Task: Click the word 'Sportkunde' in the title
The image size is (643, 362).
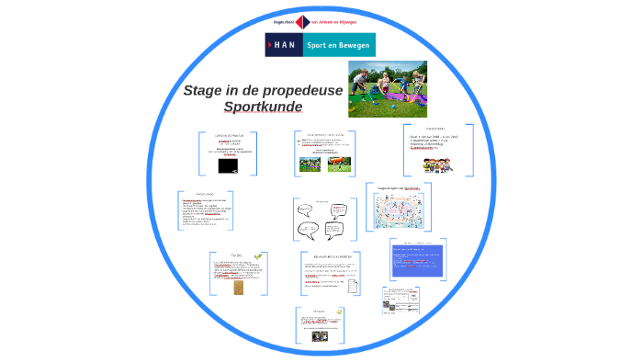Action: [263, 107]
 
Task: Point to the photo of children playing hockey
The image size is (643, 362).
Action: [387, 89]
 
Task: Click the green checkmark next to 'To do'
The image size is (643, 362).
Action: [258, 256]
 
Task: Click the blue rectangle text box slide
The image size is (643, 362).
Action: [416, 260]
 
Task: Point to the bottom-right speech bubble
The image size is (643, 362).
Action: [335, 231]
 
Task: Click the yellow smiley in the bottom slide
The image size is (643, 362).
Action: [339, 312]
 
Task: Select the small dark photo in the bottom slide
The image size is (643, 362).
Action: [321, 336]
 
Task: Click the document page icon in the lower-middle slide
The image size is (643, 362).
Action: [354, 285]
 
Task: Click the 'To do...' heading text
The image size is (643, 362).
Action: [236, 256]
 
